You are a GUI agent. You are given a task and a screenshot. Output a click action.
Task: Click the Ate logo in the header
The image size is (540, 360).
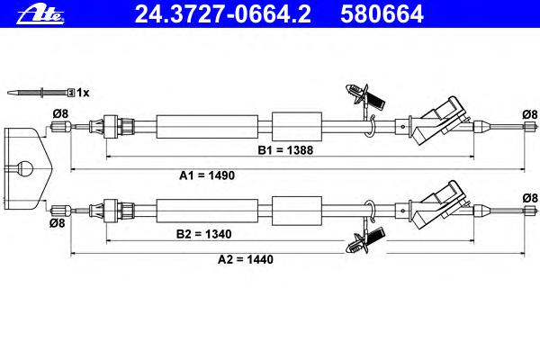40,14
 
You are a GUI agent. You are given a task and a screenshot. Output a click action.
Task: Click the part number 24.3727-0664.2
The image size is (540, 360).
223,13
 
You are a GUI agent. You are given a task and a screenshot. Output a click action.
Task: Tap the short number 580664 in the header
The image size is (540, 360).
382,13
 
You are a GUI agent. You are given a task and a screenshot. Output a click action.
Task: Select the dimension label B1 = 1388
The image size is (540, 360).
285,150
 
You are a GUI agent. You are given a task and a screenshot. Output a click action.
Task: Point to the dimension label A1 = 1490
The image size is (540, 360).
207,175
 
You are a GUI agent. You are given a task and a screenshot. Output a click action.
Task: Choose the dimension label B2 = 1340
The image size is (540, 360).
204,234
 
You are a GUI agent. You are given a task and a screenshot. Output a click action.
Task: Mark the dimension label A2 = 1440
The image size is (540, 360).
246,259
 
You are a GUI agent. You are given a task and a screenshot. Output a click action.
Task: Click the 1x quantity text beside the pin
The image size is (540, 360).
83,93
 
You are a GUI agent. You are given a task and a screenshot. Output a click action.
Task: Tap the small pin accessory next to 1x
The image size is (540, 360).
40,93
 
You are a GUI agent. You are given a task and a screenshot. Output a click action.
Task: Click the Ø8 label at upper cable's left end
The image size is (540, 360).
60,113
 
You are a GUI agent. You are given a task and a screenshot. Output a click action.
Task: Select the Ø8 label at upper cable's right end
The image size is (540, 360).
530,114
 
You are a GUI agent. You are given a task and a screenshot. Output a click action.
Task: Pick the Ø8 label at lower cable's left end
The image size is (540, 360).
58,223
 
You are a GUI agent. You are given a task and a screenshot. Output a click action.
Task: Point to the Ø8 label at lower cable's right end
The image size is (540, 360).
530,198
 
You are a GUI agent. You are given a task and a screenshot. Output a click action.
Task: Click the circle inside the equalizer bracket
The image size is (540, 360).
25,169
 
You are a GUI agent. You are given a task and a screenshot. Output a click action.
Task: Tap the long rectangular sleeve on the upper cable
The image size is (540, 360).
207,127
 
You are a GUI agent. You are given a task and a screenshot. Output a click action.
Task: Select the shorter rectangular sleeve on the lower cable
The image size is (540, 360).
297,211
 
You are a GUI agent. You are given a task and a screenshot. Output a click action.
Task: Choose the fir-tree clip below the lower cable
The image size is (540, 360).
365,241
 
